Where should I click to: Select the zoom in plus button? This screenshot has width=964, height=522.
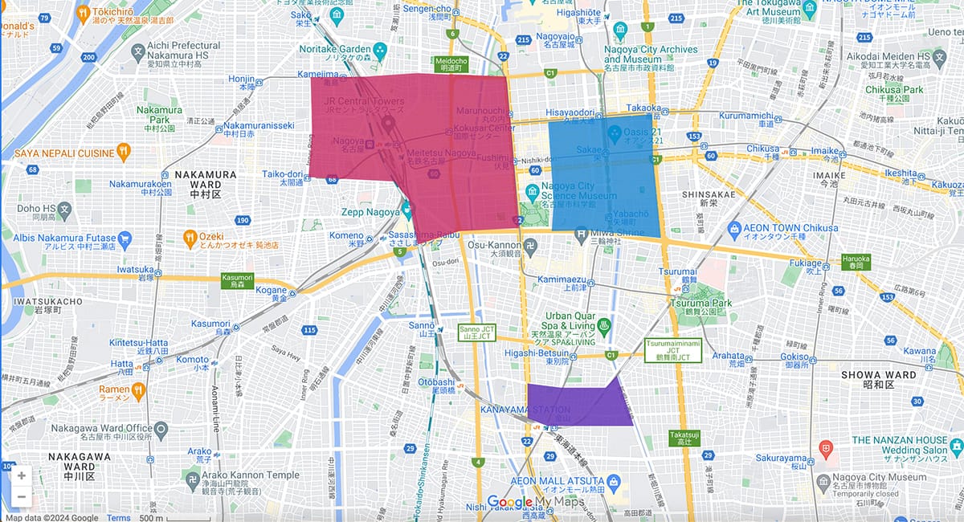coord(21,475)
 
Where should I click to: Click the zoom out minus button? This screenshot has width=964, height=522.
coord(21,496)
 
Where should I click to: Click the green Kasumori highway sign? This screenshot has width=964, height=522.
coord(237,280)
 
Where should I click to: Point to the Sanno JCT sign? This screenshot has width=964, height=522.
coord(472,332)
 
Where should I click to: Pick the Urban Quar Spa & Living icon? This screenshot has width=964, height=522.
coord(604,326)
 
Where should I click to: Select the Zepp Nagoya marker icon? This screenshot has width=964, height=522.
coord(406,211)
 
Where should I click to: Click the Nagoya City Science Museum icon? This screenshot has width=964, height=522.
coord(532,192)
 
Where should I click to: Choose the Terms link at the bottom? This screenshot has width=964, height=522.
coord(119,517)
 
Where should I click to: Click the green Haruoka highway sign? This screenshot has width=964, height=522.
coord(856,259)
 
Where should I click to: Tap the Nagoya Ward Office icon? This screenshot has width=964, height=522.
coord(161,429)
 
